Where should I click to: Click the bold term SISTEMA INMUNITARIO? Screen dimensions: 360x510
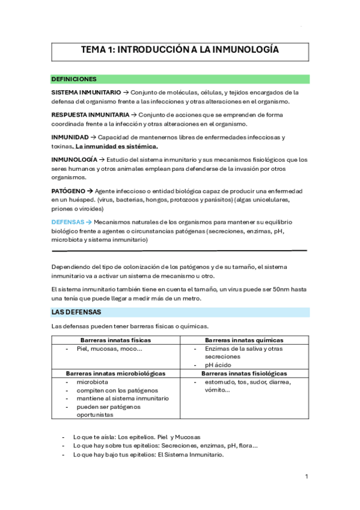(85, 93)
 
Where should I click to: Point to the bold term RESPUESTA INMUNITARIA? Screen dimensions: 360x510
(90, 114)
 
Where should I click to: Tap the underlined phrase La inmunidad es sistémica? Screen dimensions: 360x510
(117, 146)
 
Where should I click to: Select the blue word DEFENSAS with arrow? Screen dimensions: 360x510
(71, 221)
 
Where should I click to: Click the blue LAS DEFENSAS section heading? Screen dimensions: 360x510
(76, 313)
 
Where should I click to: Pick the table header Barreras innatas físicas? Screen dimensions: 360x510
(116, 340)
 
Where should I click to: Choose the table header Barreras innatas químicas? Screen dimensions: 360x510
(244, 340)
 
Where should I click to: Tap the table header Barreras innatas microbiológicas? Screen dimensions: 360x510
(116, 373)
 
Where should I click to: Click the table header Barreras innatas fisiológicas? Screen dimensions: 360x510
(244, 373)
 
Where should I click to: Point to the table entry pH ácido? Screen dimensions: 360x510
(219, 365)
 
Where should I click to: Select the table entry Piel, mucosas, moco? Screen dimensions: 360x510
(109, 348)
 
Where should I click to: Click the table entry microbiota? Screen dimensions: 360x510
(93, 382)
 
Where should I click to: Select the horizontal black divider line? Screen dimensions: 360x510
(179, 250)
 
